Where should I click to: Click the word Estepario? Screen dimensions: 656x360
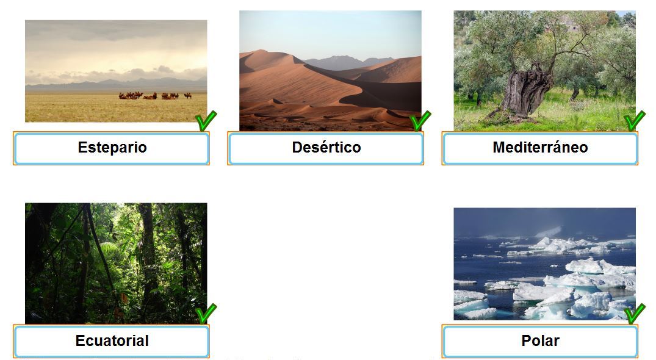coord(112,147)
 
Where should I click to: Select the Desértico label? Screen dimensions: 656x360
coord(326,147)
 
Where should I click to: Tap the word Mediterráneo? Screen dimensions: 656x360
coord(540,147)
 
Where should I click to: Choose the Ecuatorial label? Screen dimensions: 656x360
coord(112,340)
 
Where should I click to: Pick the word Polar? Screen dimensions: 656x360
coord(540,340)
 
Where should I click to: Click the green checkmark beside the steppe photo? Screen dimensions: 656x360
coord(206,121)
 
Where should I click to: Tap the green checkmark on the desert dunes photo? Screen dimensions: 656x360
coord(420,121)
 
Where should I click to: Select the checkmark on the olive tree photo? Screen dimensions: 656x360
coord(634,121)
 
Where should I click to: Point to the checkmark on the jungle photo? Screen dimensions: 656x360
coord(206,314)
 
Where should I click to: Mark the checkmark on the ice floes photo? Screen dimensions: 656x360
coord(634,314)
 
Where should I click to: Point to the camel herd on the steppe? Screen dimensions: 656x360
coord(155,96)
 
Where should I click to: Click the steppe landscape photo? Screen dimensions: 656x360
coord(116,71)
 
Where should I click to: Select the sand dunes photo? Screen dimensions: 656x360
coord(331,71)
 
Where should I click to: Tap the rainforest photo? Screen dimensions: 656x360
coord(116,264)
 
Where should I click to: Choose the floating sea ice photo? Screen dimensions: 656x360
coord(545,264)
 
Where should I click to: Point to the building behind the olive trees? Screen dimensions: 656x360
coord(566,24)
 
